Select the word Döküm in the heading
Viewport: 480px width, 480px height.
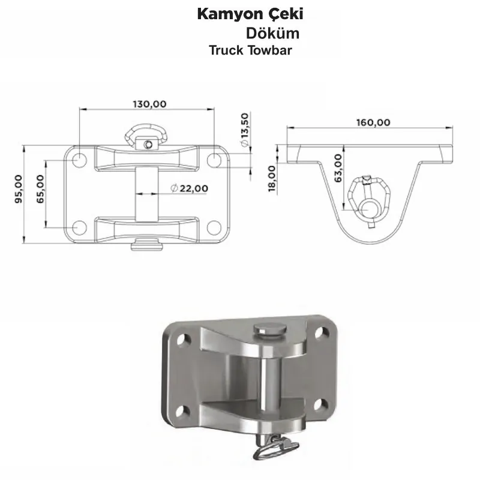pos(273,33)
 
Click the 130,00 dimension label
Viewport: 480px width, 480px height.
pos(149,104)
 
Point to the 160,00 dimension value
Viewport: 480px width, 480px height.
pos(373,122)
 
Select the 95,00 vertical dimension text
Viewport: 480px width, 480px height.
pos(19,189)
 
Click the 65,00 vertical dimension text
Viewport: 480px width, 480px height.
pos(40,189)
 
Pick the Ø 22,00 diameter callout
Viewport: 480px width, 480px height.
pos(190,188)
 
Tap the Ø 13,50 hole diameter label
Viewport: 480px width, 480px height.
pos(245,130)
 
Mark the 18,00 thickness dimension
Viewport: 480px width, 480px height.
pos(272,179)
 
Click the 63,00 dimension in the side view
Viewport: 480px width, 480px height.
pos(338,168)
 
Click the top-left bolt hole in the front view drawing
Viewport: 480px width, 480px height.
pos(80,160)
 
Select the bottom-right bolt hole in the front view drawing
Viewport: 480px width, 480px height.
pos(214,227)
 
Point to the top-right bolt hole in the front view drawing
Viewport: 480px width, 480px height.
pos(214,160)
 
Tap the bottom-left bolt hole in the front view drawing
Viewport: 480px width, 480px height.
pos(80,227)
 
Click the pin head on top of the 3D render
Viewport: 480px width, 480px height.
pos(270,330)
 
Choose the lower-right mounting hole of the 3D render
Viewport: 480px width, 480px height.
pos(321,404)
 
